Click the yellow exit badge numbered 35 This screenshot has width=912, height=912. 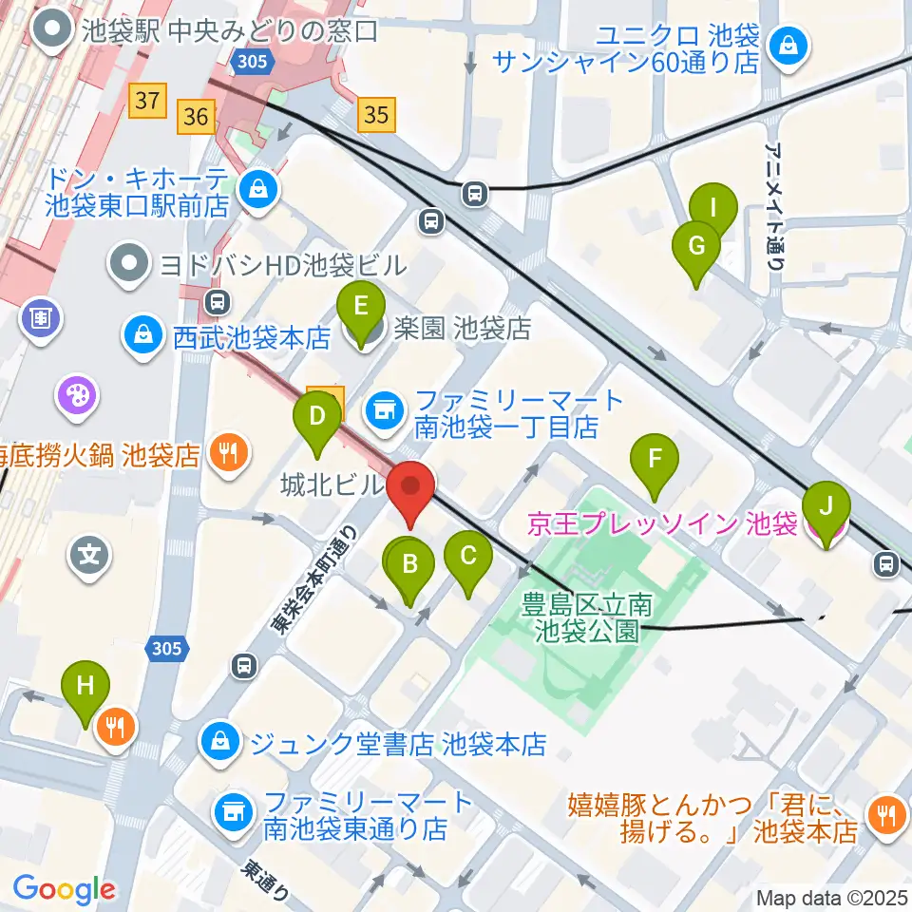tap(376, 115)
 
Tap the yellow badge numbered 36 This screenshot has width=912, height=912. tap(197, 116)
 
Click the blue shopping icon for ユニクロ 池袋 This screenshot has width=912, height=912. tap(788, 44)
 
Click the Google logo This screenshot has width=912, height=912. tap(65, 889)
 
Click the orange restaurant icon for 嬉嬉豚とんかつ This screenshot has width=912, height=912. tap(884, 814)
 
